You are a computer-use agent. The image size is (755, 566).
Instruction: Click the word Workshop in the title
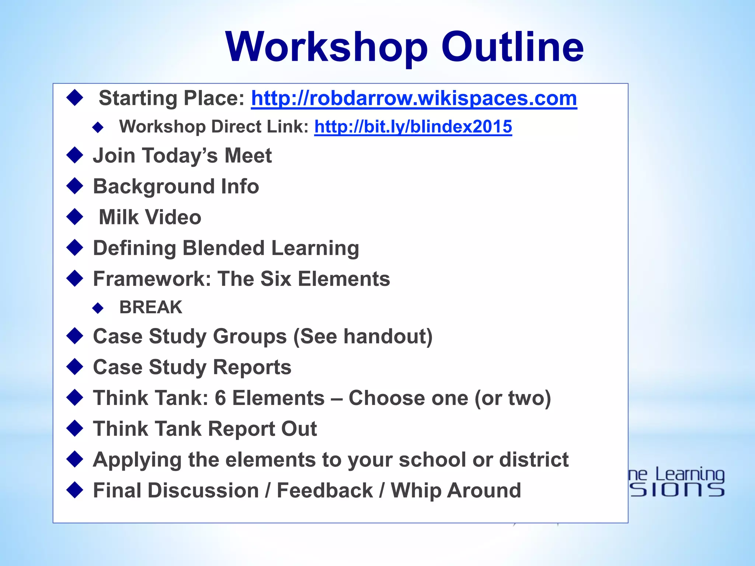coord(326,47)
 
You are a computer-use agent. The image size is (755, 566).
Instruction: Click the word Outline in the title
coord(512,47)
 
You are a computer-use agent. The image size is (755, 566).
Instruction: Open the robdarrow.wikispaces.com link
coord(414,98)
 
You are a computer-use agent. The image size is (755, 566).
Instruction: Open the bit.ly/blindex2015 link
coord(413,127)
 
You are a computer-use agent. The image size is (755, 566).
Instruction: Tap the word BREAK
coord(151,307)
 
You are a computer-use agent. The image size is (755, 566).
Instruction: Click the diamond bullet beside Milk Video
coord(75,217)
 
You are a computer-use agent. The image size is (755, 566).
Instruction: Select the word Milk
coord(118,217)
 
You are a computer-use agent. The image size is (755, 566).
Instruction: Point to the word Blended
coord(223,248)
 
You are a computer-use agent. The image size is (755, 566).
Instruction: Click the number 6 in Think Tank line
coord(220,398)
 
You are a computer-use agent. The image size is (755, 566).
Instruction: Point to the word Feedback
coord(325,491)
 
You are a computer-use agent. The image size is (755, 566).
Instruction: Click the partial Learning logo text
coord(689,475)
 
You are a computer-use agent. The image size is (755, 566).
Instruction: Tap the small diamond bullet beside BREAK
coord(98,308)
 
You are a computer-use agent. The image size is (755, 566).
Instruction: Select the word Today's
coord(181,156)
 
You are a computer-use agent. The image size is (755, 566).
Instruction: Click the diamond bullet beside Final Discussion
coord(75,490)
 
